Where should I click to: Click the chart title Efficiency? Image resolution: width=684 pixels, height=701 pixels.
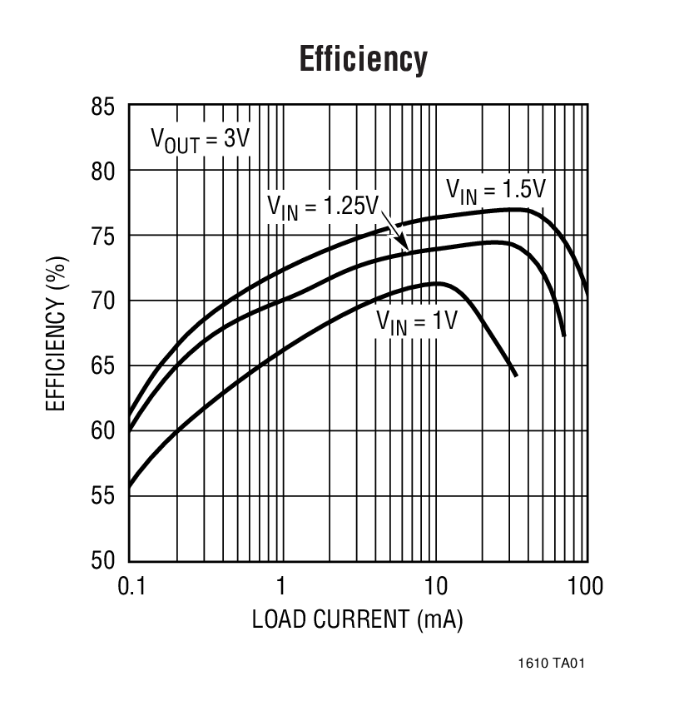[363, 60]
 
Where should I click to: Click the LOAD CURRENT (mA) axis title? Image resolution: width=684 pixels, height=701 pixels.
[358, 619]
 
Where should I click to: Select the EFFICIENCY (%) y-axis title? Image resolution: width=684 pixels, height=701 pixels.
[55, 332]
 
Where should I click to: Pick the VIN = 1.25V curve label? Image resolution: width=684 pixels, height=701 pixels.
[323, 205]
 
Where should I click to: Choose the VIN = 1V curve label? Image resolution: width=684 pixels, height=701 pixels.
[416, 321]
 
